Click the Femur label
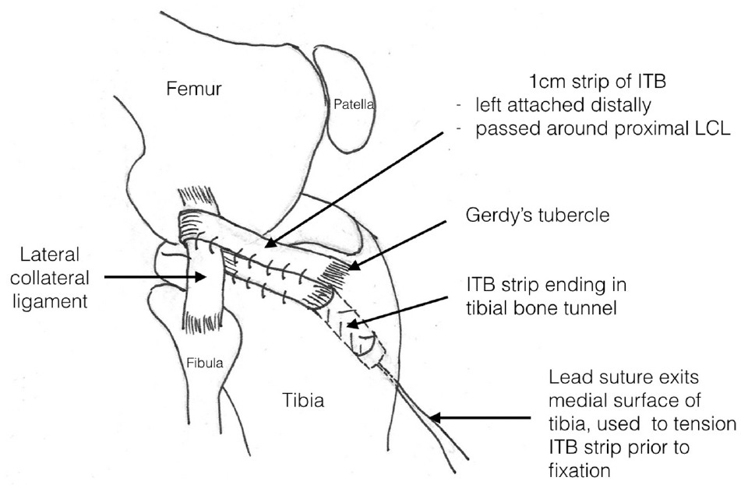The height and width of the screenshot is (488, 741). pos(195,89)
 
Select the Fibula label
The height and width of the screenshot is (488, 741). pos(202,363)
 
